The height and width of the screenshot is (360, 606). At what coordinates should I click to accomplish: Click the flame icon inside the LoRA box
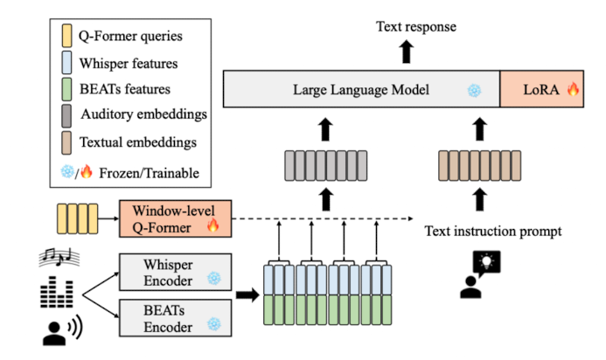(x=574, y=90)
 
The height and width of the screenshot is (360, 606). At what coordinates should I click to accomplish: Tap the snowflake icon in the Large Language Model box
(x=474, y=91)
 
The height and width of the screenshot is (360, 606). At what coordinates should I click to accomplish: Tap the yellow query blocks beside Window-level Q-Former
(x=75, y=216)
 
